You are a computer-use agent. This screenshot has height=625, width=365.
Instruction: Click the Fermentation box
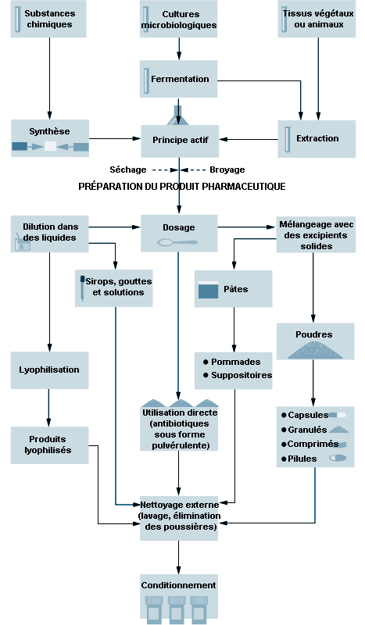178,79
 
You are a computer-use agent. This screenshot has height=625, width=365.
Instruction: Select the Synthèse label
49,131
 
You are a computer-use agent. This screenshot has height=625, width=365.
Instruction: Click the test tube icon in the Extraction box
287,139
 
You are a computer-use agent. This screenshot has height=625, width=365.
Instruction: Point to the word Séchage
128,170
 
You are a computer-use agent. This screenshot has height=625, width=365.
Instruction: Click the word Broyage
227,170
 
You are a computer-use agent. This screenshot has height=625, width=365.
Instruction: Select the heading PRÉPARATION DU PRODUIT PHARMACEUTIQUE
182,186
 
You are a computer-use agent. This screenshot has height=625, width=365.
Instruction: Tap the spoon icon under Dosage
177,242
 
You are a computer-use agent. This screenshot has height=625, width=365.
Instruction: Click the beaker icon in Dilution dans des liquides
23,243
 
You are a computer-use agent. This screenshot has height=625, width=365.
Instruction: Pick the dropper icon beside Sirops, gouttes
82,287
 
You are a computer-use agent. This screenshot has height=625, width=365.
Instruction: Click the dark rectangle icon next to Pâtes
208,290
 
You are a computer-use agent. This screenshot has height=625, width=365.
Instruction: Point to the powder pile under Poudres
314,349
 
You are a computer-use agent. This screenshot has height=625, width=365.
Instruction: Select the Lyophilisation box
49,370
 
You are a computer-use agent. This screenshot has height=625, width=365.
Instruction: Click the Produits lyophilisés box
49,445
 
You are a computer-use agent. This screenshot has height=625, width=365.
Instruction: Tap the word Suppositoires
242,375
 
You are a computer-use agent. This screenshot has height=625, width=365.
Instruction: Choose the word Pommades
236,362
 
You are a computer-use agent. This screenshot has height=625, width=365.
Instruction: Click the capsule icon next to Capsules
338,415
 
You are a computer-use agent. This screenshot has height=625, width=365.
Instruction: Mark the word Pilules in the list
302,459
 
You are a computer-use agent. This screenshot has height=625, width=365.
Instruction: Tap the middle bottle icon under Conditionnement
177,609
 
